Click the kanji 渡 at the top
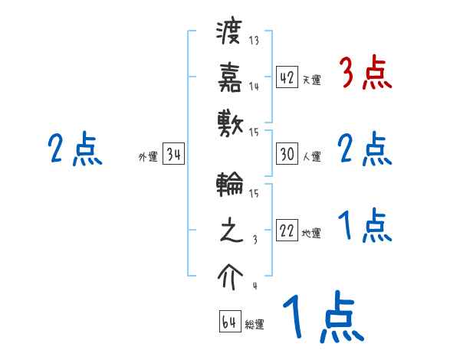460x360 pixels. click(x=230, y=34)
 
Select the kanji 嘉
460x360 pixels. click(x=230, y=77)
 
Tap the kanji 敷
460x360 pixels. click(x=230, y=121)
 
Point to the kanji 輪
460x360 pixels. click(x=230, y=187)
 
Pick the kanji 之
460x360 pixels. click(x=230, y=231)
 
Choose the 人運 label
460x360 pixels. click(x=311, y=156)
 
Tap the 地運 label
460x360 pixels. click(x=311, y=233)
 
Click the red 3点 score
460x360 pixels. click(x=365, y=74)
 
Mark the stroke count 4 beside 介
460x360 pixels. click(x=254, y=286)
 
